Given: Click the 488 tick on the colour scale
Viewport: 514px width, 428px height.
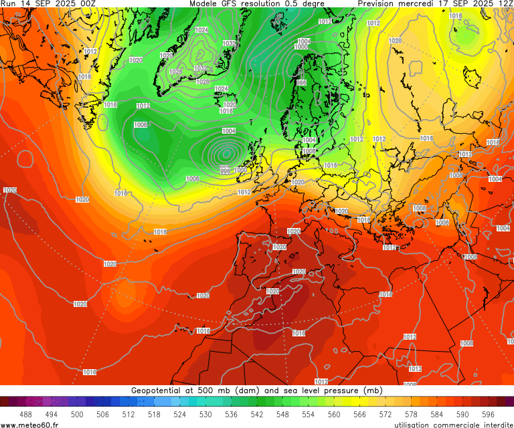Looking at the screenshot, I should tap(25, 415).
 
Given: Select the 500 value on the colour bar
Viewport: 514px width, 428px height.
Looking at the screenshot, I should tap(77, 415).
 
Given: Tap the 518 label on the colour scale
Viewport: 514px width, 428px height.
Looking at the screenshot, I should tap(154, 415).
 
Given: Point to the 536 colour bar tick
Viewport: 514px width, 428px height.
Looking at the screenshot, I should tap(231, 415).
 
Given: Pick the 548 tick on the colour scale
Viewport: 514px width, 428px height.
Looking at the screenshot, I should tap(282, 415).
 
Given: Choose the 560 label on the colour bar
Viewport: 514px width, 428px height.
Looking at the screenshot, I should tap(334, 415).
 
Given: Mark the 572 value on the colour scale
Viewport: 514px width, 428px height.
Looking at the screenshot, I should tap(385, 415).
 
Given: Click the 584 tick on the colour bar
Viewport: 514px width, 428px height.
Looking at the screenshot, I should tap(437, 415).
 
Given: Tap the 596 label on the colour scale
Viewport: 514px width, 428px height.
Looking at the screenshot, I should tap(488, 415).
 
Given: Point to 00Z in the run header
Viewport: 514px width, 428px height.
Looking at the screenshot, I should tap(88, 4).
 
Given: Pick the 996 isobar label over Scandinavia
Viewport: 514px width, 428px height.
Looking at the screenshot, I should tap(301, 83).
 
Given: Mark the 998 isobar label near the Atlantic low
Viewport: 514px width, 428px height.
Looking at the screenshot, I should tap(226, 171).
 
